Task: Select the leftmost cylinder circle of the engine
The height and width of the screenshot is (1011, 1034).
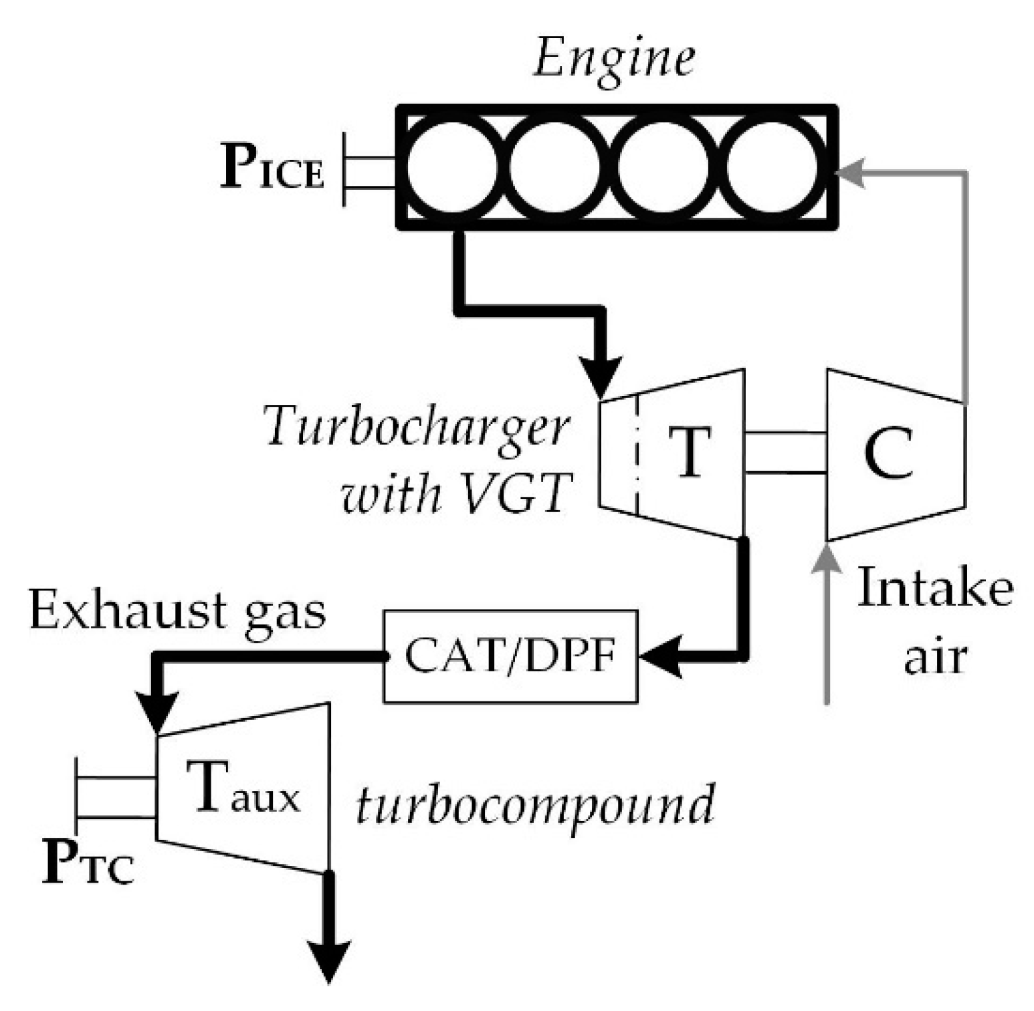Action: (452, 167)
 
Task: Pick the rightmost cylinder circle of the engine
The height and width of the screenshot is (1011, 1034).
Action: (772, 167)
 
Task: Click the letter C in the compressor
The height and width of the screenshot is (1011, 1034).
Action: (888, 453)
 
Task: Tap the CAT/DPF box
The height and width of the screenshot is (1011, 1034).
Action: (510, 656)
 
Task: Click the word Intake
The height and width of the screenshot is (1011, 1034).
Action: (934, 588)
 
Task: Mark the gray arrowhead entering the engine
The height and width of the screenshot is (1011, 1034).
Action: (851, 173)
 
